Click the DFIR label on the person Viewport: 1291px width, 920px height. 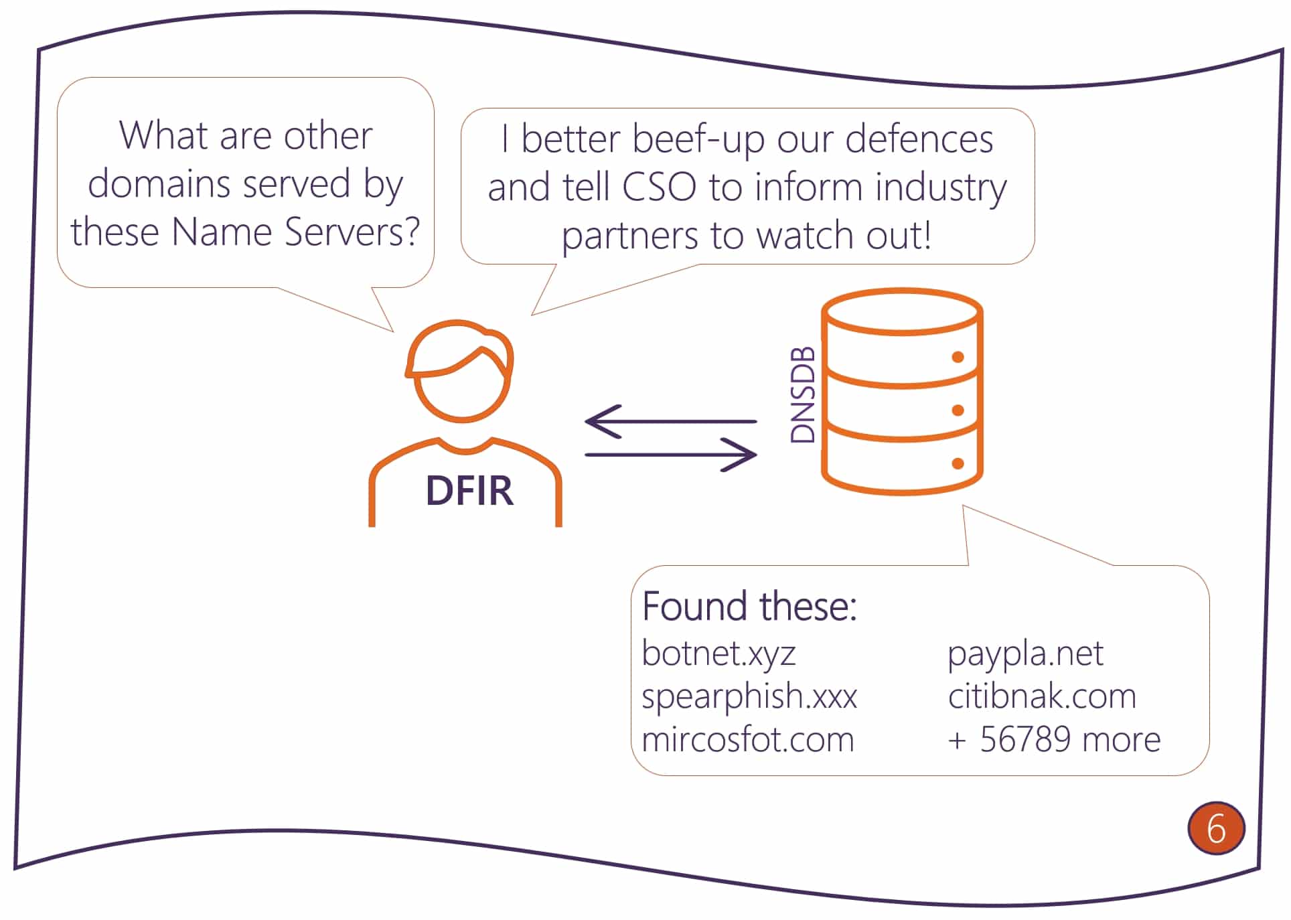click(x=469, y=491)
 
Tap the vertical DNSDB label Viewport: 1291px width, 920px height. click(x=802, y=395)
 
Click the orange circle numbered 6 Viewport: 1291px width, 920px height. click(x=1215, y=828)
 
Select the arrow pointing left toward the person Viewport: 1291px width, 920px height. click(x=670, y=421)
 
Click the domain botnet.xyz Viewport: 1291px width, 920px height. click(x=718, y=653)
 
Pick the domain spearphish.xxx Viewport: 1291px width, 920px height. click(x=749, y=696)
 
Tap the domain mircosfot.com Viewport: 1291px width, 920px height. click(x=748, y=740)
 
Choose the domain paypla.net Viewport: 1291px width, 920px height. click(x=1025, y=653)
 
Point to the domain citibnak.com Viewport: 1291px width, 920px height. click(x=1042, y=696)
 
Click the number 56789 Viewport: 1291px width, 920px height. click(x=1025, y=740)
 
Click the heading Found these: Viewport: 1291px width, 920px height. click(x=749, y=606)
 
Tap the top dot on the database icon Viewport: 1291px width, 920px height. click(x=958, y=357)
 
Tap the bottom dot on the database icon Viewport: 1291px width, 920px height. click(x=958, y=463)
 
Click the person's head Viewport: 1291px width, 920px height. click(x=461, y=375)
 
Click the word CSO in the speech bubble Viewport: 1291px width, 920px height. click(x=659, y=187)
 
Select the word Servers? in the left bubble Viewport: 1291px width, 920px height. click(x=352, y=232)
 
